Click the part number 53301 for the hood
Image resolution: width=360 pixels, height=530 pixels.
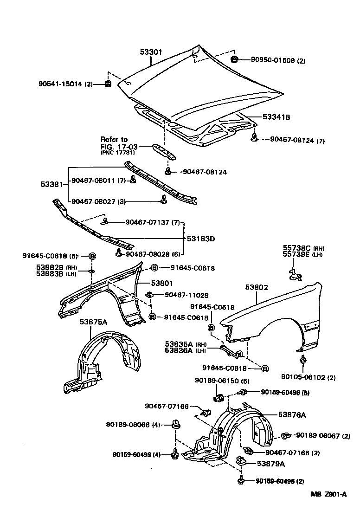tap(151, 52)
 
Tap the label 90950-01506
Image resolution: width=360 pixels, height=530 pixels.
tap(272, 60)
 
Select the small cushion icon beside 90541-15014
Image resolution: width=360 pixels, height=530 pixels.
tap(108, 84)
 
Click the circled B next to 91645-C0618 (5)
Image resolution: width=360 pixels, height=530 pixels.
tap(92, 256)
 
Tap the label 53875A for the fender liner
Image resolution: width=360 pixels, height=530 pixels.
tap(93, 322)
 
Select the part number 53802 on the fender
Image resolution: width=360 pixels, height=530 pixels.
tap(257, 288)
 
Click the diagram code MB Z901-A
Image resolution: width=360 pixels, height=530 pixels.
tap(328, 494)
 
